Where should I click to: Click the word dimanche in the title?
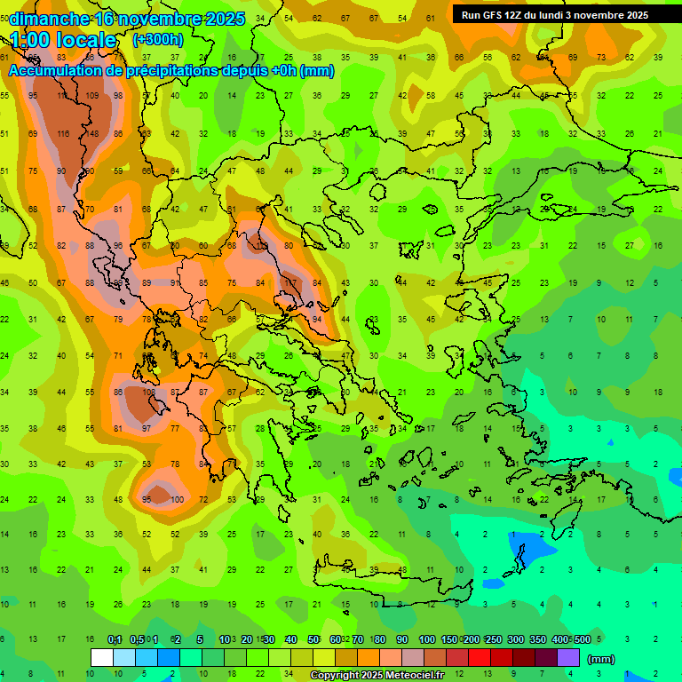click(x=45, y=20)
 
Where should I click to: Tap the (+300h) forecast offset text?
click(x=158, y=39)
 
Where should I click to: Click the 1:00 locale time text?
click(x=63, y=40)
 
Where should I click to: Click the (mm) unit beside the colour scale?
click(x=600, y=659)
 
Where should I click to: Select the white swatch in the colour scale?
click(x=102, y=657)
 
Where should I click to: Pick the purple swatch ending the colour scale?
click(x=568, y=657)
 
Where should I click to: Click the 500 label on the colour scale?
click(x=582, y=639)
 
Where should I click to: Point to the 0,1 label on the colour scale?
click(x=115, y=639)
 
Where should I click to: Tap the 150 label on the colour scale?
click(x=449, y=639)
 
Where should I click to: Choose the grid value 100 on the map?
click(x=177, y=500)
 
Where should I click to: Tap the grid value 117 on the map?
click(x=289, y=282)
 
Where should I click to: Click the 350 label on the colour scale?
click(x=538, y=639)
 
